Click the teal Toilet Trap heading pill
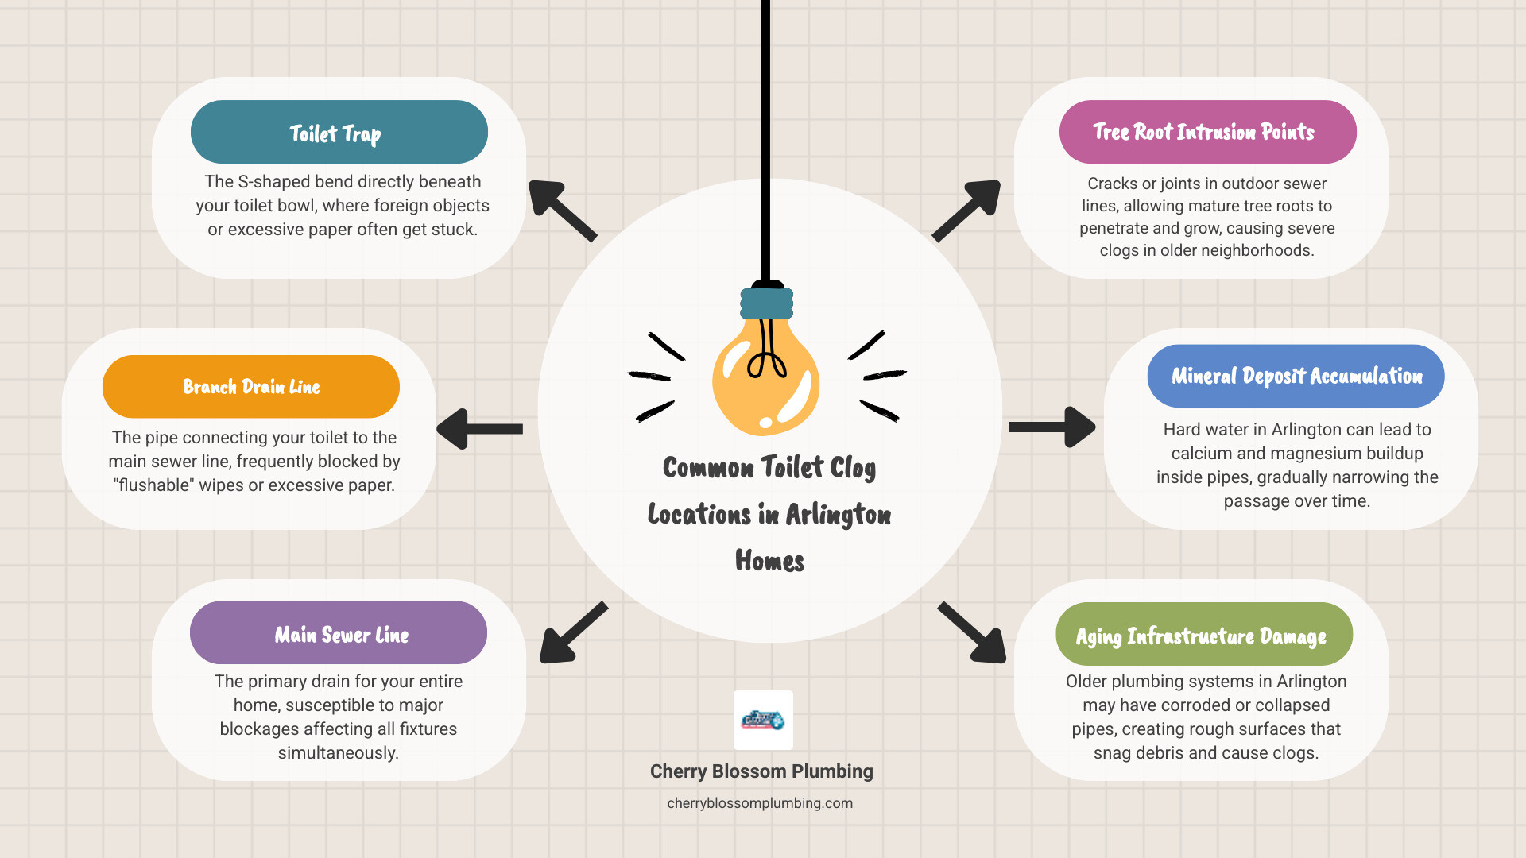(x=339, y=132)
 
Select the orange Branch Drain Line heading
(x=251, y=387)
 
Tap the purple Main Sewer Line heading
(x=339, y=633)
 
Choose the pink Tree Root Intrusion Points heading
(x=1207, y=132)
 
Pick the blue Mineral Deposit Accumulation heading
(x=1296, y=376)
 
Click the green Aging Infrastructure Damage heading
(x=1203, y=634)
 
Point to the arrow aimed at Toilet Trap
(x=561, y=210)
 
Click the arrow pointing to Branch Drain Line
(x=478, y=429)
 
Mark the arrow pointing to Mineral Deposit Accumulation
(x=1052, y=427)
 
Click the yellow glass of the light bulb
(x=765, y=381)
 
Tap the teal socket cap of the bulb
(x=766, y=303)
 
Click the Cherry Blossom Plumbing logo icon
(x=763, y=720)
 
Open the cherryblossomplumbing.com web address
(x=760, y=803)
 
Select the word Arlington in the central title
(x=838, y=515)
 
